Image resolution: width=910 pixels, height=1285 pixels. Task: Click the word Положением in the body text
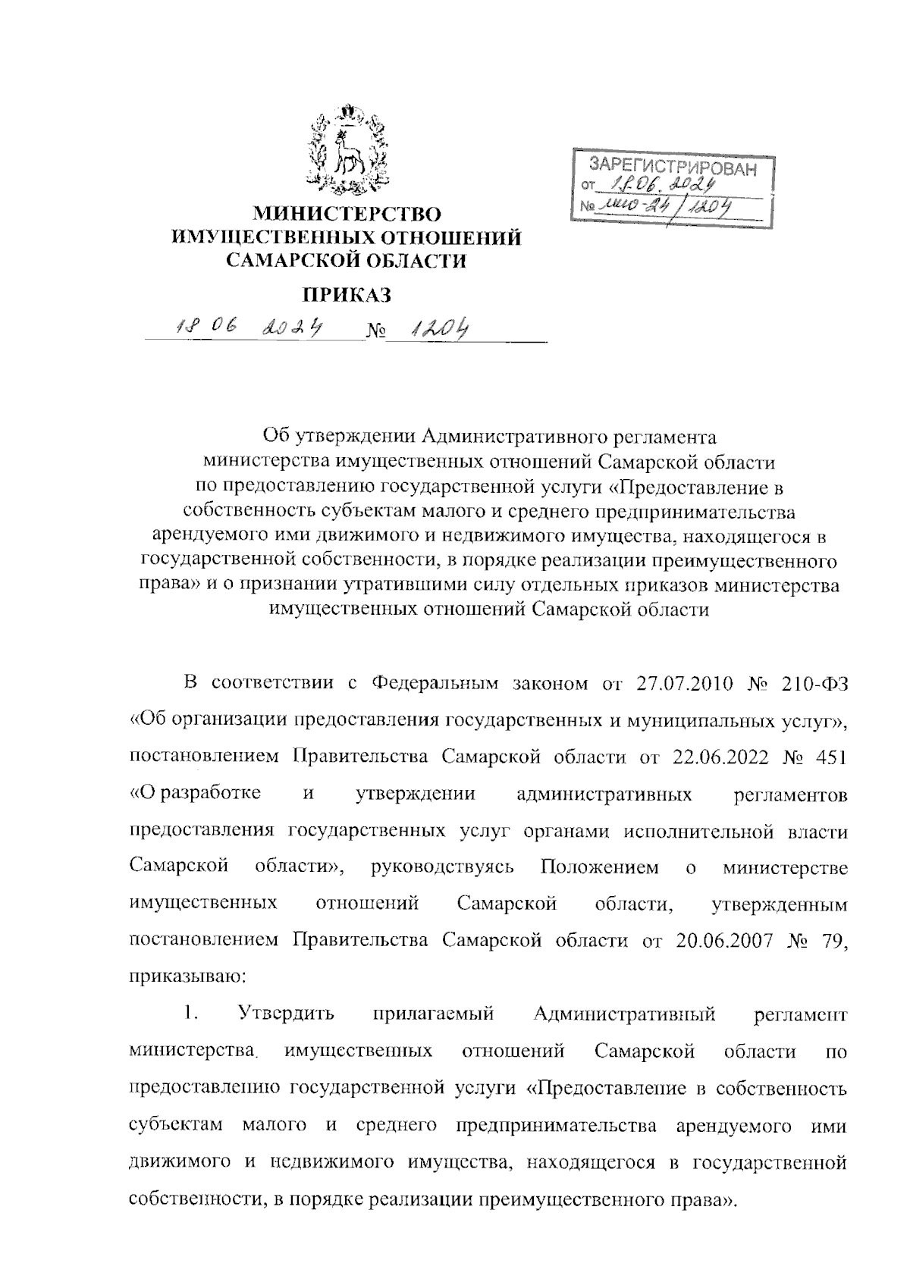click(x=599, y=867)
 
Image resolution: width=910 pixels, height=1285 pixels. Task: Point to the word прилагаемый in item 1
click(x=434, y=1014)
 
